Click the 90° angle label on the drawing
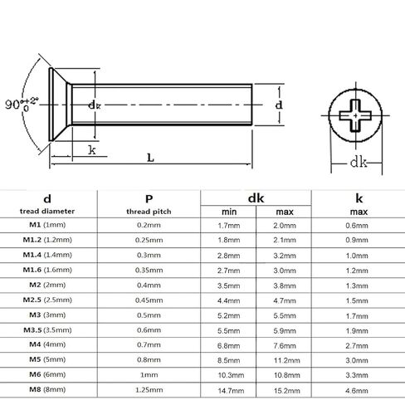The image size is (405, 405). (22, 104)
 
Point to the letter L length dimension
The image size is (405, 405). (150, 158)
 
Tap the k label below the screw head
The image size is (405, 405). (92, 150)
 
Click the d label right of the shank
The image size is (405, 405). (279, 105)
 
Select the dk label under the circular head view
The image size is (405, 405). (359, 162)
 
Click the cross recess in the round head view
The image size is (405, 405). (355, 115)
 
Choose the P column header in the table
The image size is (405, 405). (149, 199)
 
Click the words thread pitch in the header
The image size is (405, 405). (149, 212)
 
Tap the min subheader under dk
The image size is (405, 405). (229, 212)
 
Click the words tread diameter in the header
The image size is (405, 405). (47, 212)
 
